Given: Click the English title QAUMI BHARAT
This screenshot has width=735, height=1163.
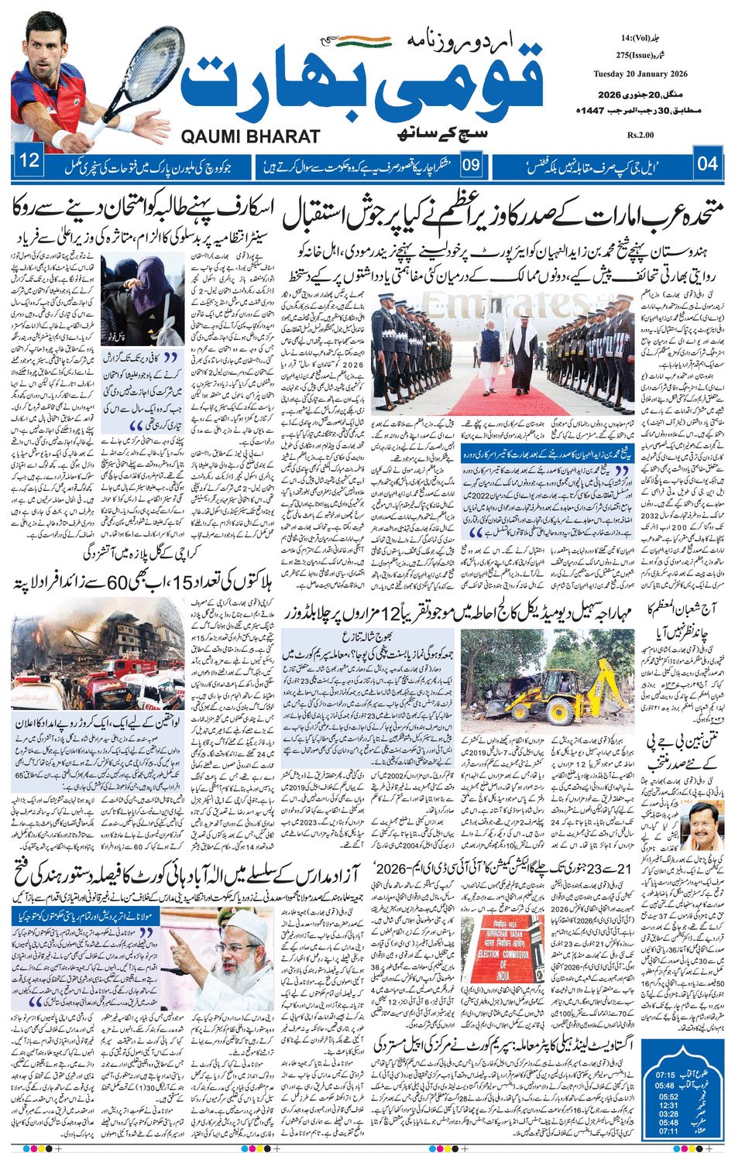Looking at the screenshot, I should tap(250, 137).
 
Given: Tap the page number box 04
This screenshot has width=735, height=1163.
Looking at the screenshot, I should tap(707, 163).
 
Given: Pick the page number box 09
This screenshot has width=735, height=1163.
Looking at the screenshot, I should tap(472, 164).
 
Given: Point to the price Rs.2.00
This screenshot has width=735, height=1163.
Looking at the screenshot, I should tap(641, 136).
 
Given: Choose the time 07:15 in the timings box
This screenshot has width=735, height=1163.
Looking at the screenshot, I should tap(666, 1075).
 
